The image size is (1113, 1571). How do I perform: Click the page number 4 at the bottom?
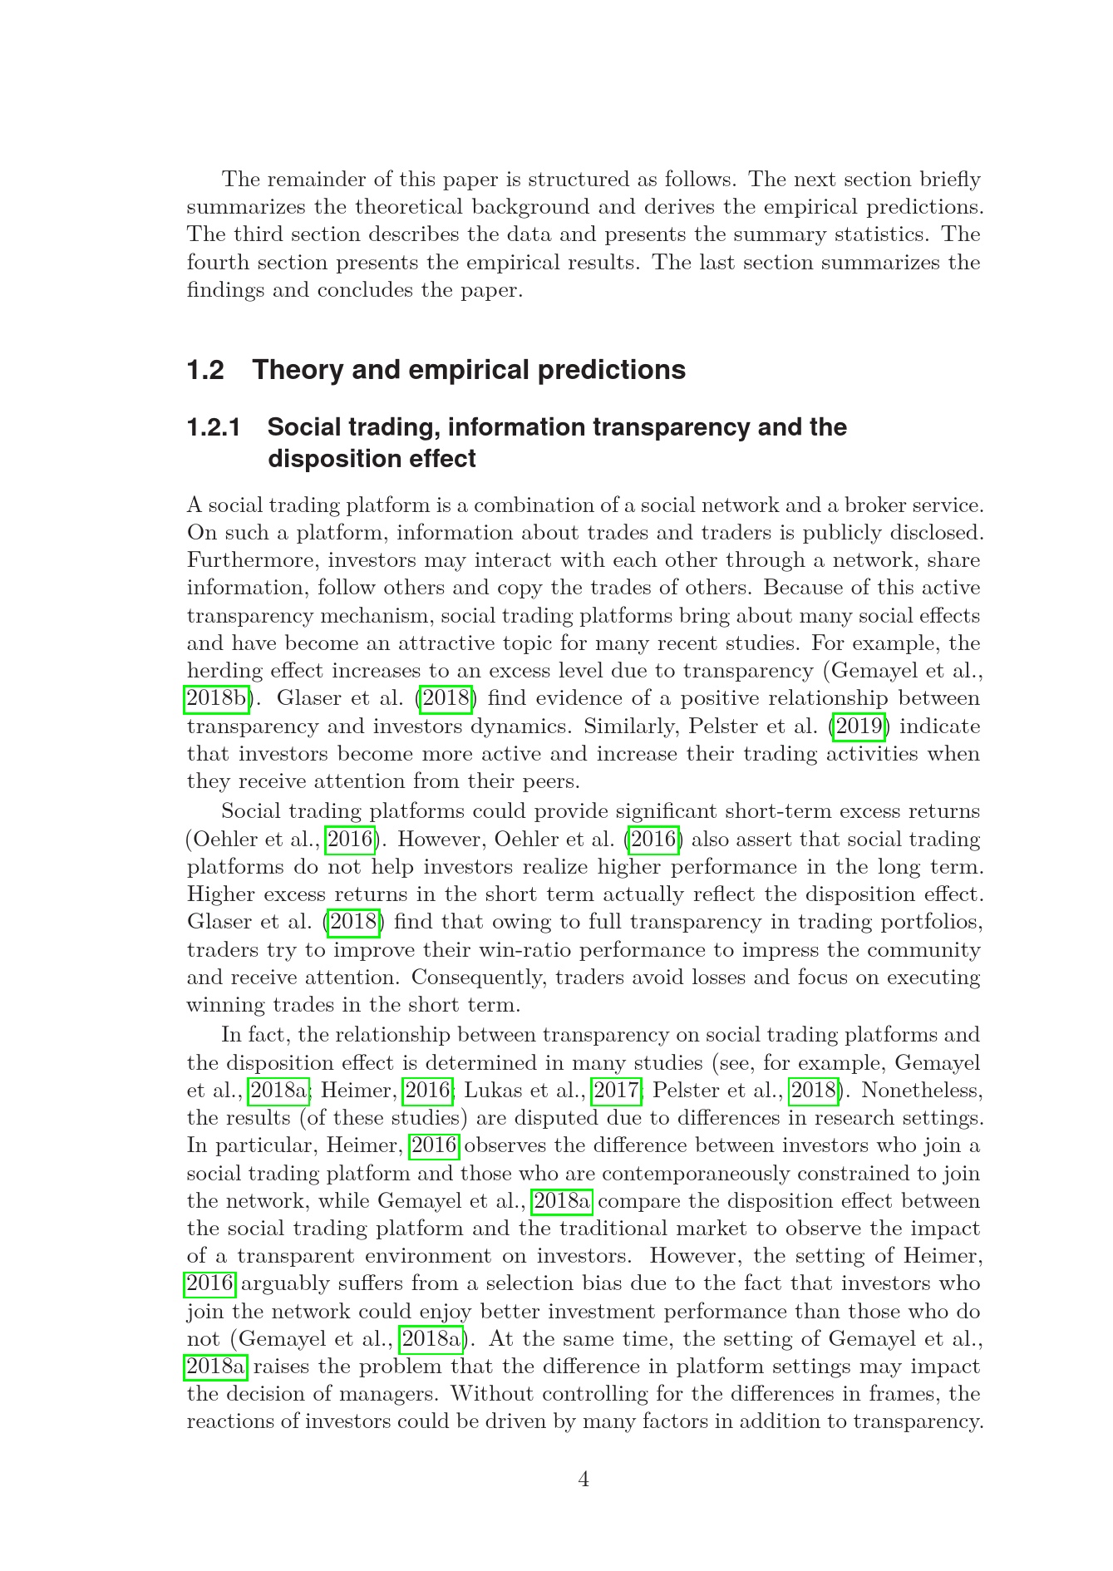click(x=584, y=1480)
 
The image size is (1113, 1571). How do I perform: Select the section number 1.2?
click(x=205, y=370)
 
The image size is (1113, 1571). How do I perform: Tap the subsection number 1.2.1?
click(x=214, y=427)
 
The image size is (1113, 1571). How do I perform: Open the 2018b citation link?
click(x=216, y=698)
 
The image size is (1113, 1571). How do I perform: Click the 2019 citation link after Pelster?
click(x=859, y=726)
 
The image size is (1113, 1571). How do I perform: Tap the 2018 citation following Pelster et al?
click(x=814, y=1090)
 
